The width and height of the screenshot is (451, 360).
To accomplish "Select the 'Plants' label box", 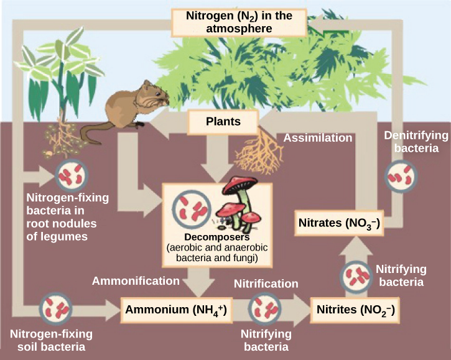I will tap(223, 121).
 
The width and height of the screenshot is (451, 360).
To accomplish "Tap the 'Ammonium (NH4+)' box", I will tap(176, 309).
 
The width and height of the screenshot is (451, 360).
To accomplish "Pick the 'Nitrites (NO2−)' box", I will tap(355, 309).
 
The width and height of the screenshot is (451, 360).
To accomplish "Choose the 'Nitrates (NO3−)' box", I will tap(339, 223).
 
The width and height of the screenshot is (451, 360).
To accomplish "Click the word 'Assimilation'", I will tap(318, 138).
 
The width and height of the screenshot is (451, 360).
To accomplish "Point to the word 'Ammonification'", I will tap(136, 281).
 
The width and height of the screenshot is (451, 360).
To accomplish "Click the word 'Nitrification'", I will tap(266, 284).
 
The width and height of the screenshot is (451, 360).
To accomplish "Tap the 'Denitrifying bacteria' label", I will tap(412, 142).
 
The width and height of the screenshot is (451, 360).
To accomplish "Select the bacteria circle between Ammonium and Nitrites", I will tap(265, 309).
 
